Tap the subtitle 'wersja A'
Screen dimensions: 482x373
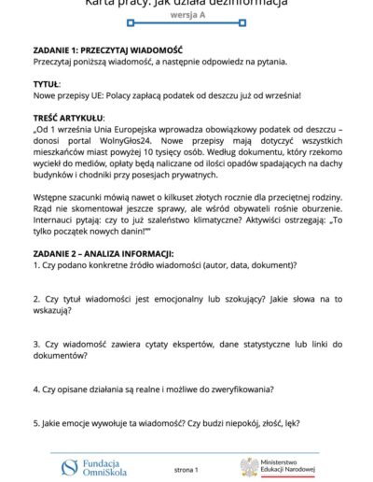[x=186, y=17]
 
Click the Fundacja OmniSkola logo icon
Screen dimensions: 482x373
[x=68, y=464]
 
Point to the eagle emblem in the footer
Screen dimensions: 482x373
[x=250, y=465]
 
